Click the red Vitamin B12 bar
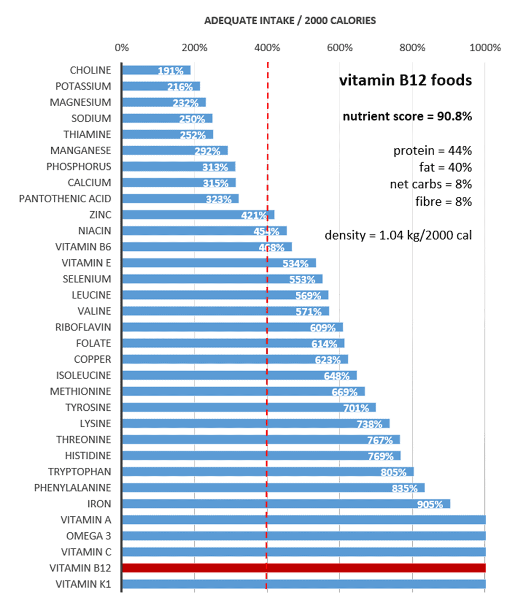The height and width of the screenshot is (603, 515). click(304, 568)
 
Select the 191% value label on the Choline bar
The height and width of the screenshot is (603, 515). click(171, 71)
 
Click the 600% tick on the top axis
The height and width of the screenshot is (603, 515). click(340, 48)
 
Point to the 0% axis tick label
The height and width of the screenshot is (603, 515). click(121, 48)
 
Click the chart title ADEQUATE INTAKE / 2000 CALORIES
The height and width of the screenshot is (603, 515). click(290, 21)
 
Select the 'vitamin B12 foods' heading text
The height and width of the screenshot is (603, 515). click(405, 81)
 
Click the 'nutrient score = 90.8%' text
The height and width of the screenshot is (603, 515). click(407, 116)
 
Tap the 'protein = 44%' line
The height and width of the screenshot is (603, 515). click(432, 151)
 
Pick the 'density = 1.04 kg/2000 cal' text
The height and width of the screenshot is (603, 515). click(398, 235)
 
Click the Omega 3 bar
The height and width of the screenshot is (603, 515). click(304, 536)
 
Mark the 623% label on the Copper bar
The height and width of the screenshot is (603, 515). click(327, 360)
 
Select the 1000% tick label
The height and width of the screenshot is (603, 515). click(485, 48)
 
